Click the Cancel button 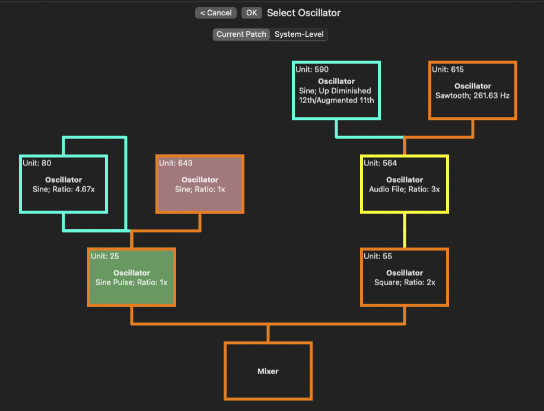click(x=216, y=13)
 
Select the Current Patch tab click(x=241, y=34)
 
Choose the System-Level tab click(x=299, y=34)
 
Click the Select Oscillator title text click(x=304, y=13)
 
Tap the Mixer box click(x=268, y=371)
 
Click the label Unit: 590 click(x=312, y=69)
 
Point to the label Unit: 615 click(x=448, y=69)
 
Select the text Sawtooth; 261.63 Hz click(x=473, y=95)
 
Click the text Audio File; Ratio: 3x click(x=404, y=189)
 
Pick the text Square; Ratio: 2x click(x=405, y=283)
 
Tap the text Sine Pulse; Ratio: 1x click(x=131, y=283)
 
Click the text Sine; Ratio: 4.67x click(x=63, y=189)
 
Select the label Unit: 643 click(x=176, y=163)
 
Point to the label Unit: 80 click(x=37, y=163)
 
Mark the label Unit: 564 click(x=380, y=163)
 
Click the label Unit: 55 click(x=378, y=256)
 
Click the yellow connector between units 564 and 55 click(x=405, y=231)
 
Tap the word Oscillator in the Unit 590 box click(x=336, y=81)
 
